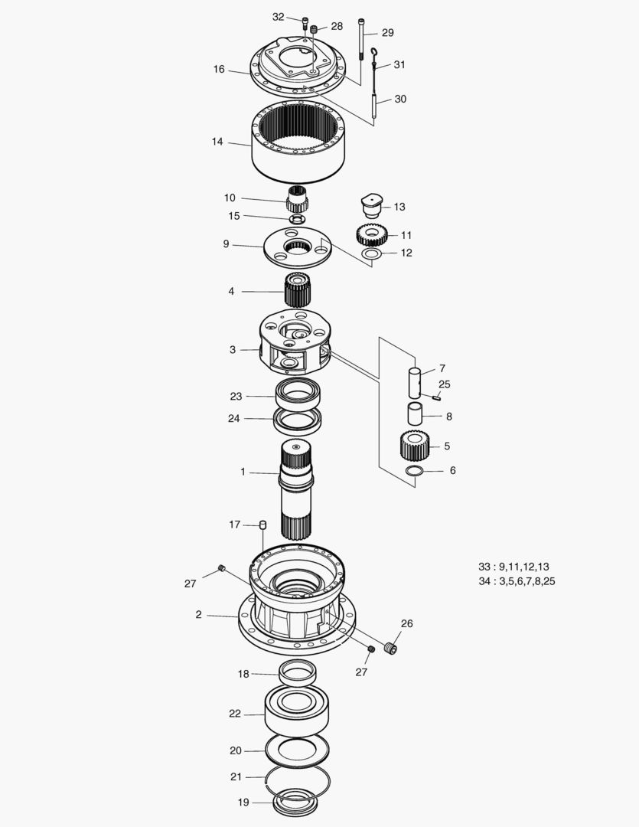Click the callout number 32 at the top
click(x=278, y=17)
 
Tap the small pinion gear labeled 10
click(x=297, y=201)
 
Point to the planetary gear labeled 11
click(x=372, y=234)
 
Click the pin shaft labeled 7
click(x=414, y=381)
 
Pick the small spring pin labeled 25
click(x=436, y=397)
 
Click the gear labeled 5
click(x=414, y=443)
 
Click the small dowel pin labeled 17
click(x=262, y=525)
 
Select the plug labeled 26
click(x=391, y=649)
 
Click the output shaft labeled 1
click(x=295, y=490)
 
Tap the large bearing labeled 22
click(x=296, y=711)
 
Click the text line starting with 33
click(x=513, y=567)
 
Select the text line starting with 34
click(x=517, y=581)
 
